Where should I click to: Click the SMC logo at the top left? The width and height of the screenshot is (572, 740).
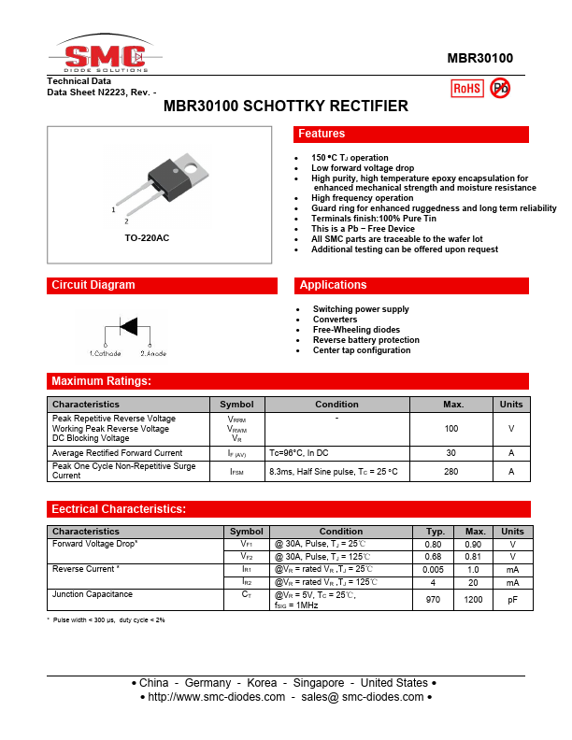(x=105, y=55)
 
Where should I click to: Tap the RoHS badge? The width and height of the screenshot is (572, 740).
(x=466, y=88)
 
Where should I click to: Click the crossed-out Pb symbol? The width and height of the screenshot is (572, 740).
(x=500, y=88)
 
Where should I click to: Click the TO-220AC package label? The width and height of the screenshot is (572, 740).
(x=147, y=238)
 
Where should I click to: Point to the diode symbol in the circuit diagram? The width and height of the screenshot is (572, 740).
(x=127, y=327)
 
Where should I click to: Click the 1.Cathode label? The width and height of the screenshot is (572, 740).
(x=105, y=353)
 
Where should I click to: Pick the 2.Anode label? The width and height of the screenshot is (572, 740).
(x=153, y=353)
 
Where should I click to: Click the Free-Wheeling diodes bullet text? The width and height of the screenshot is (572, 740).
(x=356, y=330)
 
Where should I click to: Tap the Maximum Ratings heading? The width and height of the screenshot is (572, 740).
(x=101, y=381)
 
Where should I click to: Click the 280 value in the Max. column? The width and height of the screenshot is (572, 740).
(x=451, y=472)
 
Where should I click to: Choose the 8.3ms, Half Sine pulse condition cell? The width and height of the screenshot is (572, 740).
(x=333, y=472)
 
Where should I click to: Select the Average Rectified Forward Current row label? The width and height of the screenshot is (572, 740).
(x=117, y=453)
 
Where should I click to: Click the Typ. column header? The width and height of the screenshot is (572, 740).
(x=433, y=532)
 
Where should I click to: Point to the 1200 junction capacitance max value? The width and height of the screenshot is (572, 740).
(x=475, y=599)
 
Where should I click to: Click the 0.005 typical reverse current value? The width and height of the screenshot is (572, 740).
(x=433, y=569)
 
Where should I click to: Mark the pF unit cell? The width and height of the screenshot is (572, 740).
(x=512, y=599)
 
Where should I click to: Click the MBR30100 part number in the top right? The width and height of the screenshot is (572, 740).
(x=479, y=58)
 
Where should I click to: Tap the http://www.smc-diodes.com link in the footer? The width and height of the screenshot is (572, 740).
(x=216, y=697)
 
